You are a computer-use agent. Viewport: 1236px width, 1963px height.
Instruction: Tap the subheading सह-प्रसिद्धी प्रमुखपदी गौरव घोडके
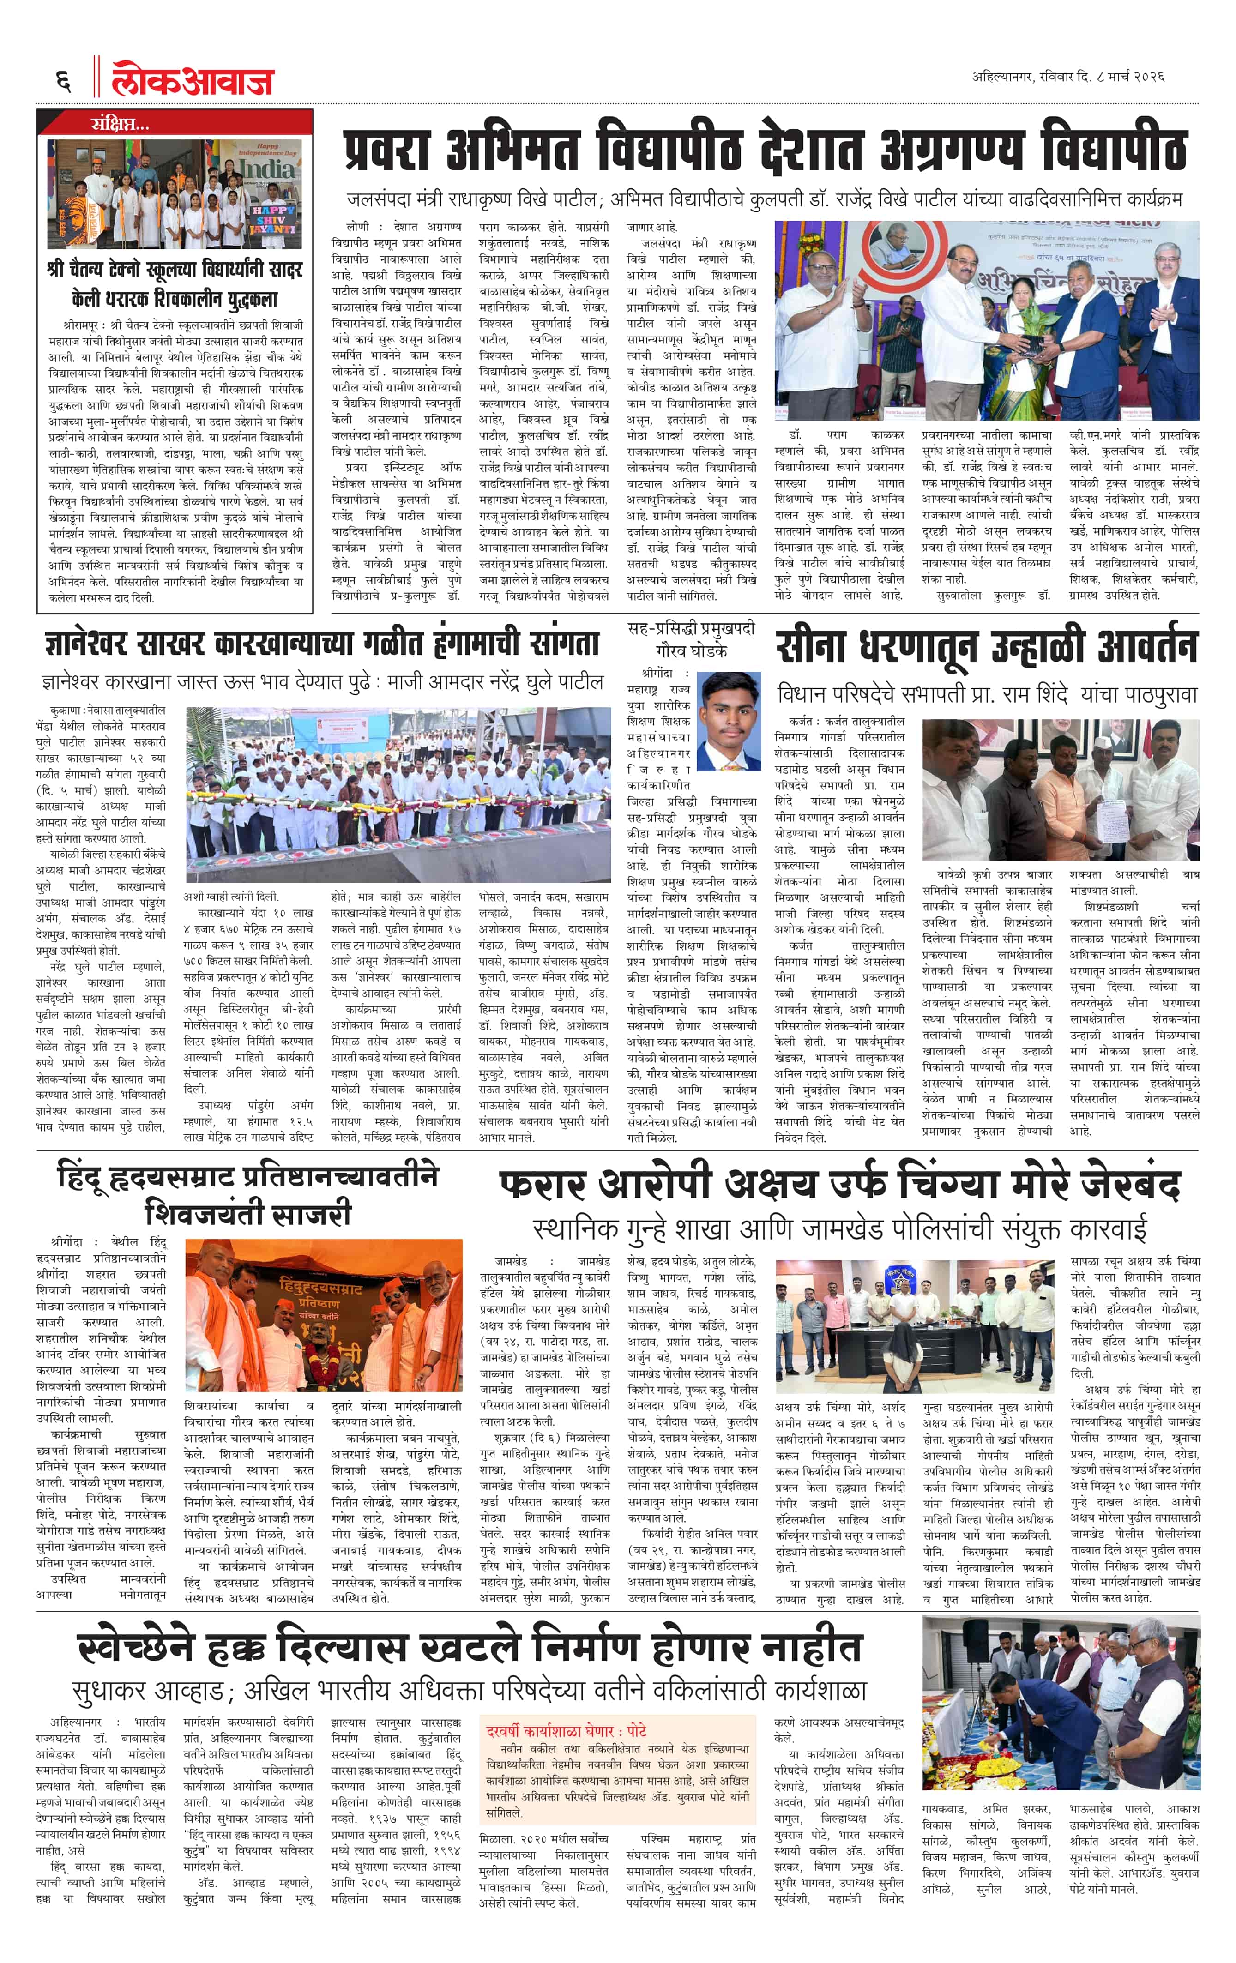click(691, 640)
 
